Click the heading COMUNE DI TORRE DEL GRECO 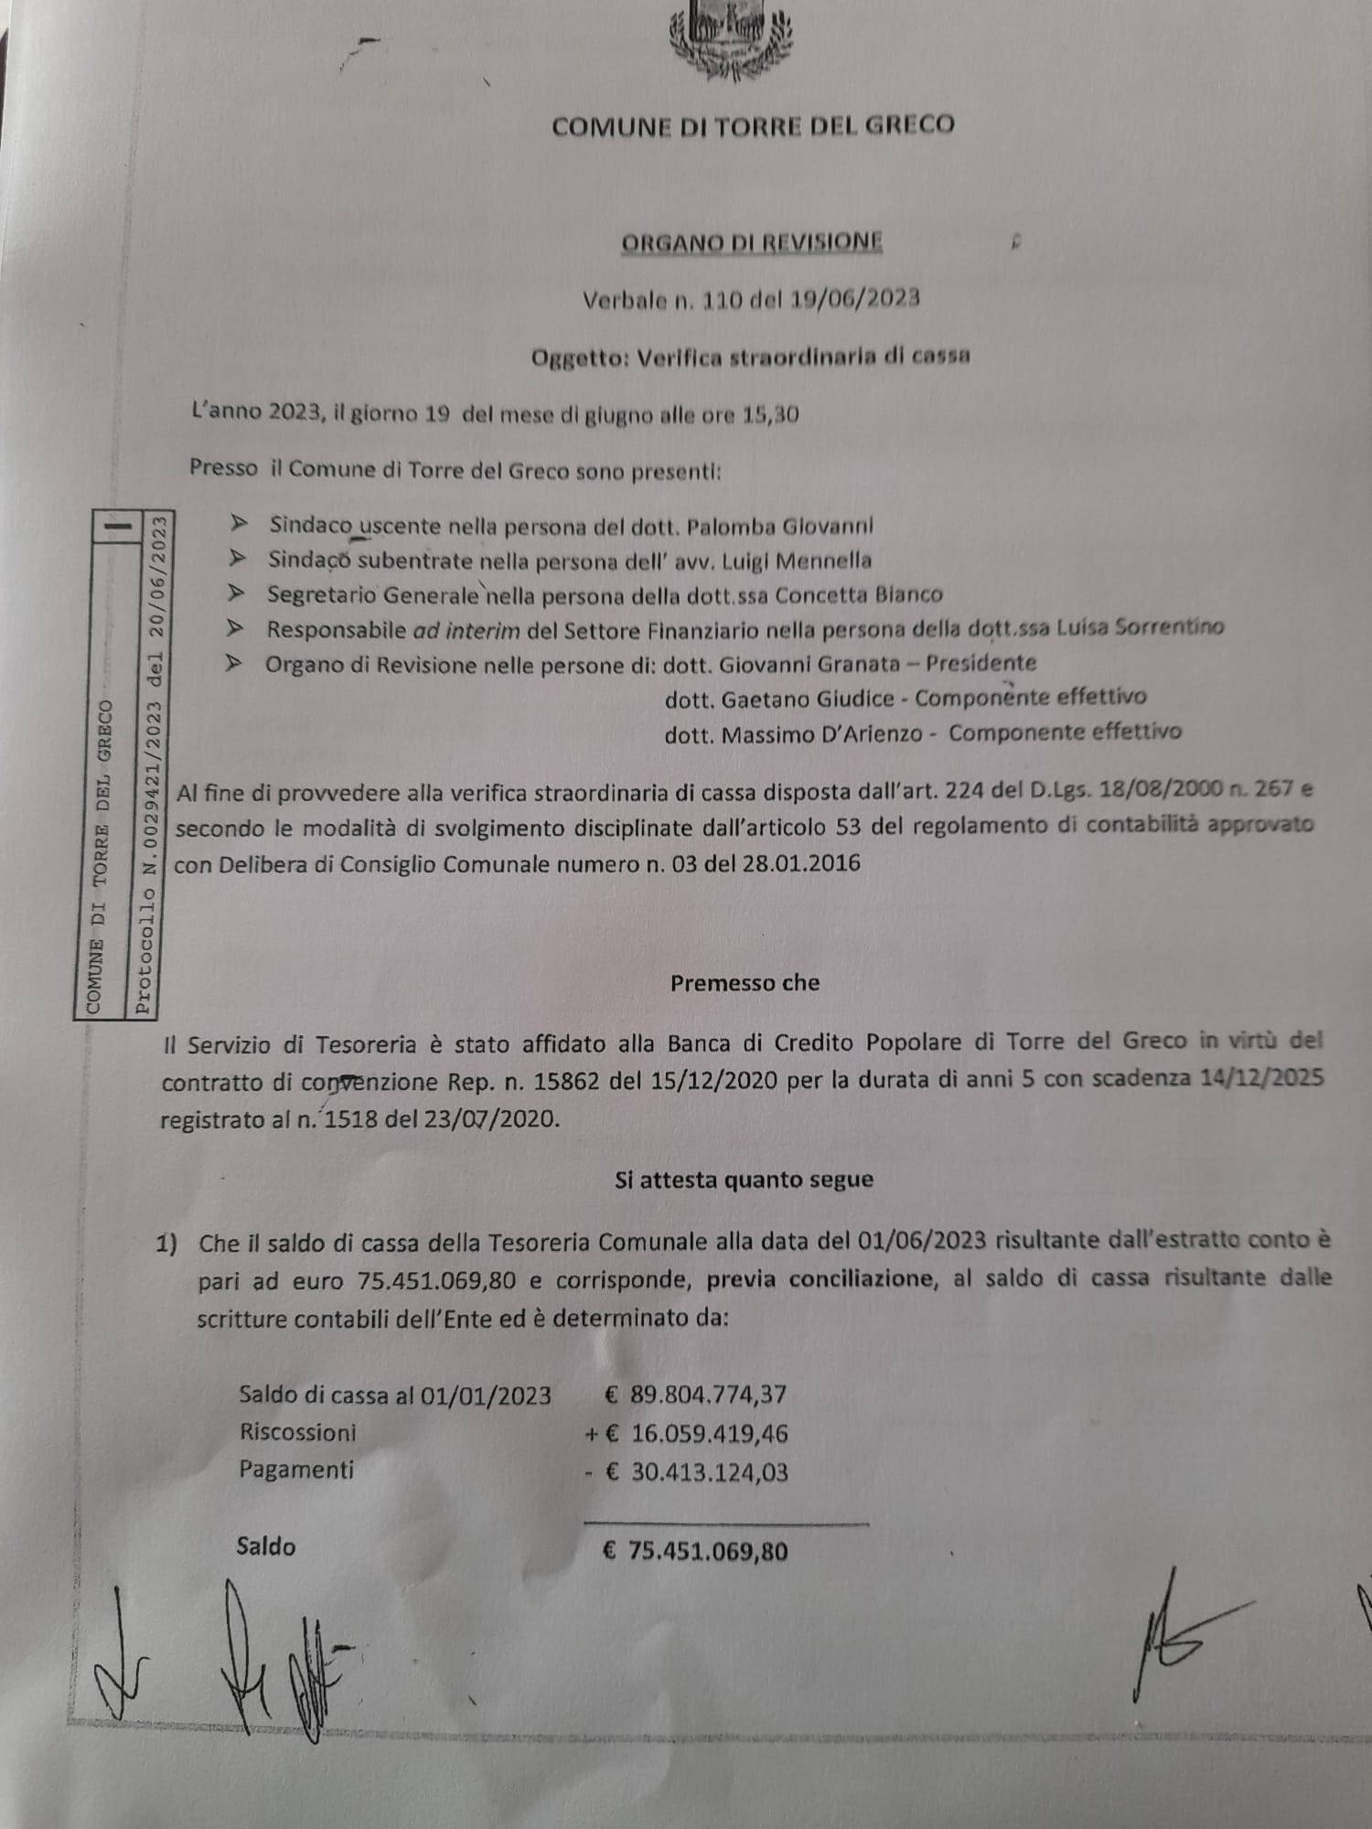[753, 125]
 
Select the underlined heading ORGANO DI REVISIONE [752, 242]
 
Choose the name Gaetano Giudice [808, 699]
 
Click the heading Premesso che [745, 983]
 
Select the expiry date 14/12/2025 [1260, 1077]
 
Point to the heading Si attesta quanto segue [744, 1180]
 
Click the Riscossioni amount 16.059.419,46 [709, 1433]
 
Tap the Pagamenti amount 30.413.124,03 [709, 1472]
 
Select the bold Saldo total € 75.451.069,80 [695, 1551]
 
